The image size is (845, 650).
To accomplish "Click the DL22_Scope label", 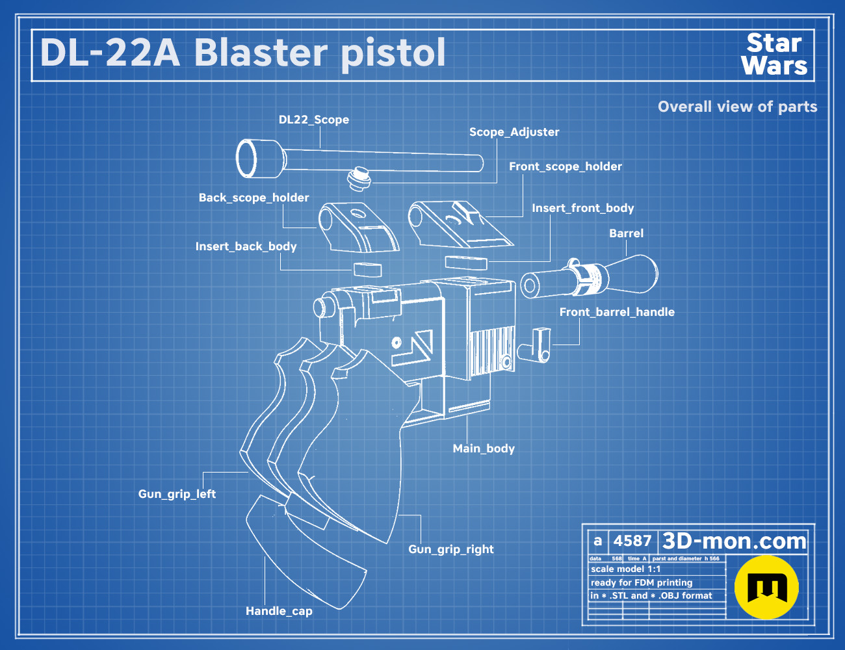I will [x=313, y=120].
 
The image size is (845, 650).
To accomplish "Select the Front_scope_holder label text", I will [x=565, y=166].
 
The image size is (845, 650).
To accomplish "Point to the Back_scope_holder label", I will [x=253, y=198].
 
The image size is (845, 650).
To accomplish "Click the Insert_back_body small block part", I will [x=367, y=269].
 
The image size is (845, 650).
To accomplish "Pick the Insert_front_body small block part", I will [x=465, y=262].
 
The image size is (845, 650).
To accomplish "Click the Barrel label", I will [x=626, y=233].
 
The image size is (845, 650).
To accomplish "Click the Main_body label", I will [x=484, y=448].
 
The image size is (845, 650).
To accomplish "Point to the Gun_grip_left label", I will [x=177, y=494].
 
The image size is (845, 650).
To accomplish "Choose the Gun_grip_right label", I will [x=450, y=549].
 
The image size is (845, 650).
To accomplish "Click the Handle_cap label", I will [x=279, y=611].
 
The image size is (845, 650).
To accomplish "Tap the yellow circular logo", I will [x=766, y=587].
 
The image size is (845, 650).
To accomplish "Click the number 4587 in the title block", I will [x=632, y=541].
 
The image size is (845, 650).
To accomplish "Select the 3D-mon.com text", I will [x=734, y=541].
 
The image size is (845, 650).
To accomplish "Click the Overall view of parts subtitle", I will [x=737, y=107].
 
